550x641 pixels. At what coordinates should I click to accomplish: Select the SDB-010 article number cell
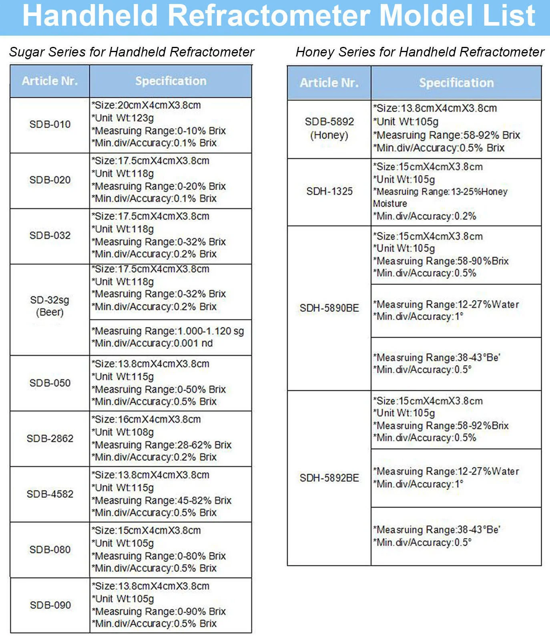click(50, 124)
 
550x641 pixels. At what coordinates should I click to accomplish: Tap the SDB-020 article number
click(50, 180)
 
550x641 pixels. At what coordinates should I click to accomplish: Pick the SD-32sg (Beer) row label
click(50, 306)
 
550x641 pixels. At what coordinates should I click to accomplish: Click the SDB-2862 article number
click(50, 438)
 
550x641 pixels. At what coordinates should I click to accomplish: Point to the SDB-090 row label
click(50, 605)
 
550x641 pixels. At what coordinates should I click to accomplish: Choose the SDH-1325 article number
click(329, 191)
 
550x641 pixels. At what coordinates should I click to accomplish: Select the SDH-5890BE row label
click(329, 308)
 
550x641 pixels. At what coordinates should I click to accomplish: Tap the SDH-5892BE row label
click(329, 478)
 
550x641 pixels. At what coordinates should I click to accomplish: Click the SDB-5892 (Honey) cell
click(329, 128)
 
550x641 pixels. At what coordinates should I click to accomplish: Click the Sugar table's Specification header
click(171, 81)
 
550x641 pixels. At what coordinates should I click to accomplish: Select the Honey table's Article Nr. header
click(329, 83)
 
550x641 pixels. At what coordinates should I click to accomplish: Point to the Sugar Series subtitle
click(132, 52)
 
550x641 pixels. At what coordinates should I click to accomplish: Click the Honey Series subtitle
click(420, 52)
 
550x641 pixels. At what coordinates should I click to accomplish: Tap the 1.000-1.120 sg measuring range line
click(168, 331)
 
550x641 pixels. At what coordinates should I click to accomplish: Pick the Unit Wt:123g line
click(123, 118)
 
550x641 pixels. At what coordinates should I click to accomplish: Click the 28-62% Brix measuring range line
click(161, 445)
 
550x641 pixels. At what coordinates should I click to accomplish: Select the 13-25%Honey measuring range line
click(440, 192)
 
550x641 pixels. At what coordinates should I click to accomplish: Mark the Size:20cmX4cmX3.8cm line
click(146, 105)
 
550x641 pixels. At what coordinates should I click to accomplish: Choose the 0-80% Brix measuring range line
click(159, 556)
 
